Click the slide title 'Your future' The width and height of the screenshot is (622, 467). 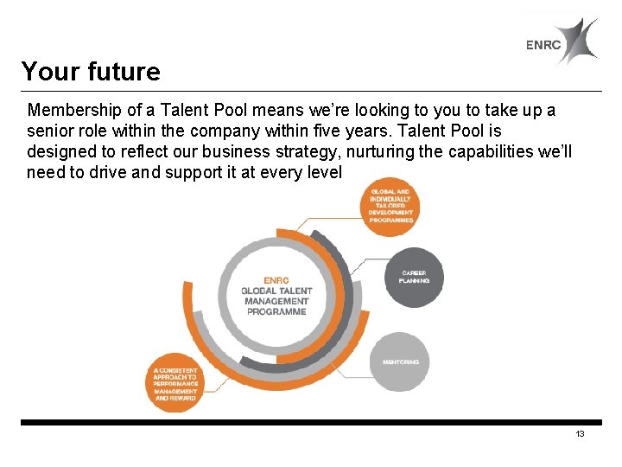(x=91, y=71)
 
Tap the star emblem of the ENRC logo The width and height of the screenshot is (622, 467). (x=575, y=41)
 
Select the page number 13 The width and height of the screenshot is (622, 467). (x=580, y=434)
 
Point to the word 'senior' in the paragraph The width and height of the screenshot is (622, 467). (x=50, y=131)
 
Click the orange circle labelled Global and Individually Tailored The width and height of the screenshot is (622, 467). (x=390, y=205)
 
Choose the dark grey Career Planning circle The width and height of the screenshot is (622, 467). (x=415, y=278)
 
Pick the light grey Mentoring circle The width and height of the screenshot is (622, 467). (x=400, y=361)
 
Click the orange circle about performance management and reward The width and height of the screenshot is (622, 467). (x=175, y=383)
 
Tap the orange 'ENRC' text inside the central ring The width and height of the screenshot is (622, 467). (x=276, y=280)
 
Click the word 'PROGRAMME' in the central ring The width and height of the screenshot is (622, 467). (x=276, y=312)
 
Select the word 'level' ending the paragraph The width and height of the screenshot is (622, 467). (x=324, y=171)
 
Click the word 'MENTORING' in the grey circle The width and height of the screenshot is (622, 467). (x=400, y=362)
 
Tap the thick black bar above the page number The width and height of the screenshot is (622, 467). (x=311, y=423)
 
